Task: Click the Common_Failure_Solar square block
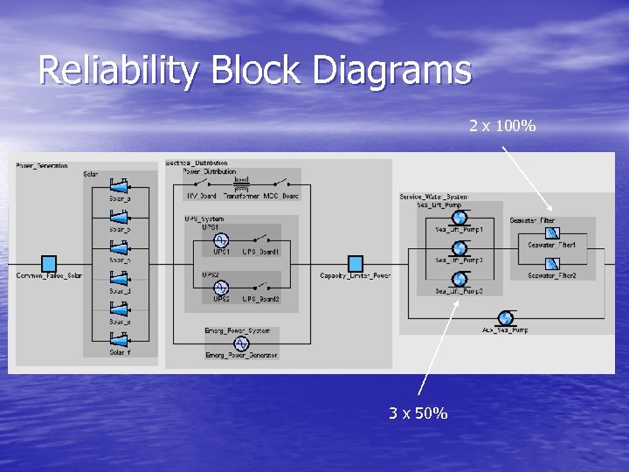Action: (x=49, y=263)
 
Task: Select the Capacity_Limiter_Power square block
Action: (x=355, y=263)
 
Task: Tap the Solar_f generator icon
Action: (x=120, y=341)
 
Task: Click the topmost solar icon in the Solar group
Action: (x=120, y=186)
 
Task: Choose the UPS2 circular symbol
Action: (x=221, y=287)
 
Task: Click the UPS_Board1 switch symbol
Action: (x=260, y=239)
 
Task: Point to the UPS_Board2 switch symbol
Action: (x=260, y=287)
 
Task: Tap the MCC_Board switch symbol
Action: (x=280, y=184)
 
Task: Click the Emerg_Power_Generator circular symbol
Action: (x=240, y=344)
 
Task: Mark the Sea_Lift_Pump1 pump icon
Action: (x=460, y=218)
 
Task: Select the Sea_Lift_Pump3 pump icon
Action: (x=460, y=279)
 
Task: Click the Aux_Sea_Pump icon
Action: (x=505, y=317)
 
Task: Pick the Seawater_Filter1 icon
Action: (x=552, y=233)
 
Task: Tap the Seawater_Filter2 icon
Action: (x=552, y=263)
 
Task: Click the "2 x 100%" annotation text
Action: (x=502, y=127)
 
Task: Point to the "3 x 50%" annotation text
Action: (x=418, y=413)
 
